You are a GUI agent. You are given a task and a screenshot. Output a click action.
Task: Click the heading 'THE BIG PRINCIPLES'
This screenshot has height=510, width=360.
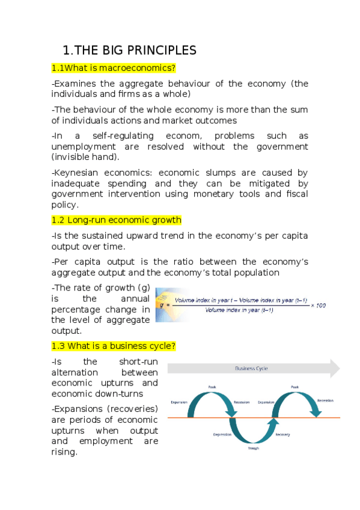[137, 49]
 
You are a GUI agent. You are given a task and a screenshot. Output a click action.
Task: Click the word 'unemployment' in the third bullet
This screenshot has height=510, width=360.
[81, 147]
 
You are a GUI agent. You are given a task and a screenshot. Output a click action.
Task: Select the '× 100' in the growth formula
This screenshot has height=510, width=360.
[318, 306]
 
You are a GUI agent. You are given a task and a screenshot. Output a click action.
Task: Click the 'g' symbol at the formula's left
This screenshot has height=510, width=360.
[161, 305]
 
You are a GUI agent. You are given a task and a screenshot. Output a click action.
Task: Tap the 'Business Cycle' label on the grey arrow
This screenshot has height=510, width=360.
[251, 368]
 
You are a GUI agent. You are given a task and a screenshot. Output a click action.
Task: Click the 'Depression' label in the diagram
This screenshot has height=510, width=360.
[222, 434]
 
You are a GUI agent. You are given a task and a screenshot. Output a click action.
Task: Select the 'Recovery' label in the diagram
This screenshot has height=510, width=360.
[283, 434]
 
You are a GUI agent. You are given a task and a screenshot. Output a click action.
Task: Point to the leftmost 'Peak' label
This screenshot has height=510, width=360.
[212, 387]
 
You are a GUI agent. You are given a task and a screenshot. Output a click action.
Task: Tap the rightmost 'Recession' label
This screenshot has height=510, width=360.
[325, 399]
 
